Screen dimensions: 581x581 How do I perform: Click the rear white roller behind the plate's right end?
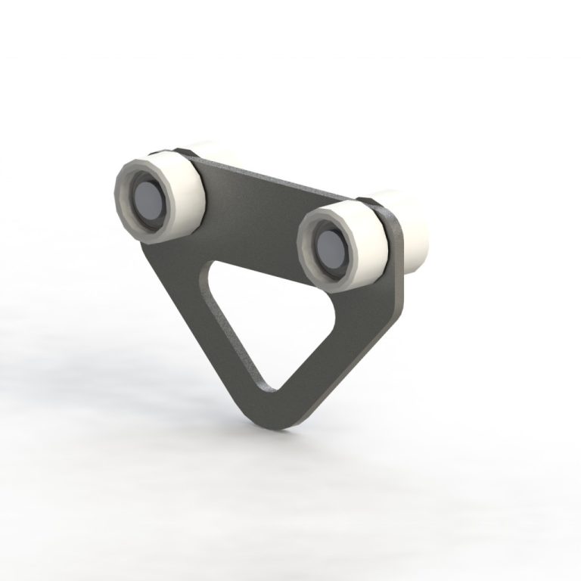412,227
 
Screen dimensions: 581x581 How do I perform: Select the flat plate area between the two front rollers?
250,212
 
